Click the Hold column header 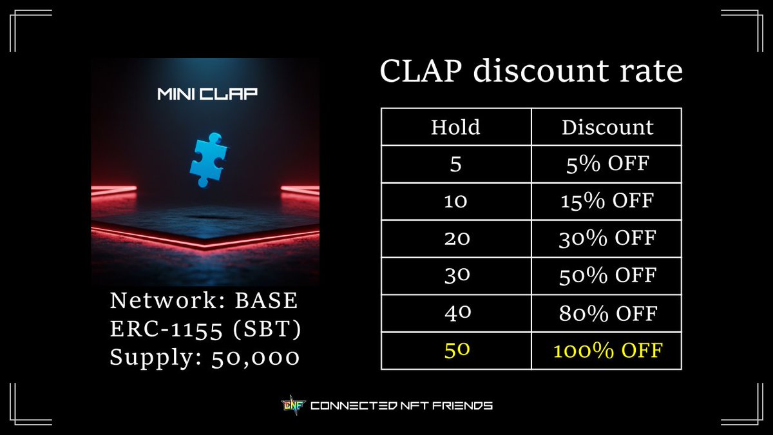455,127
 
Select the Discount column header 607,127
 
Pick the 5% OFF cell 607,164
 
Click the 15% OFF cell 607,202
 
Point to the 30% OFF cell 607,239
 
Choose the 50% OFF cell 607,276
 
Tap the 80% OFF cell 607,314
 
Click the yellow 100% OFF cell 607,351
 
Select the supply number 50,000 256,357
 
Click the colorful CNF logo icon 291,405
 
